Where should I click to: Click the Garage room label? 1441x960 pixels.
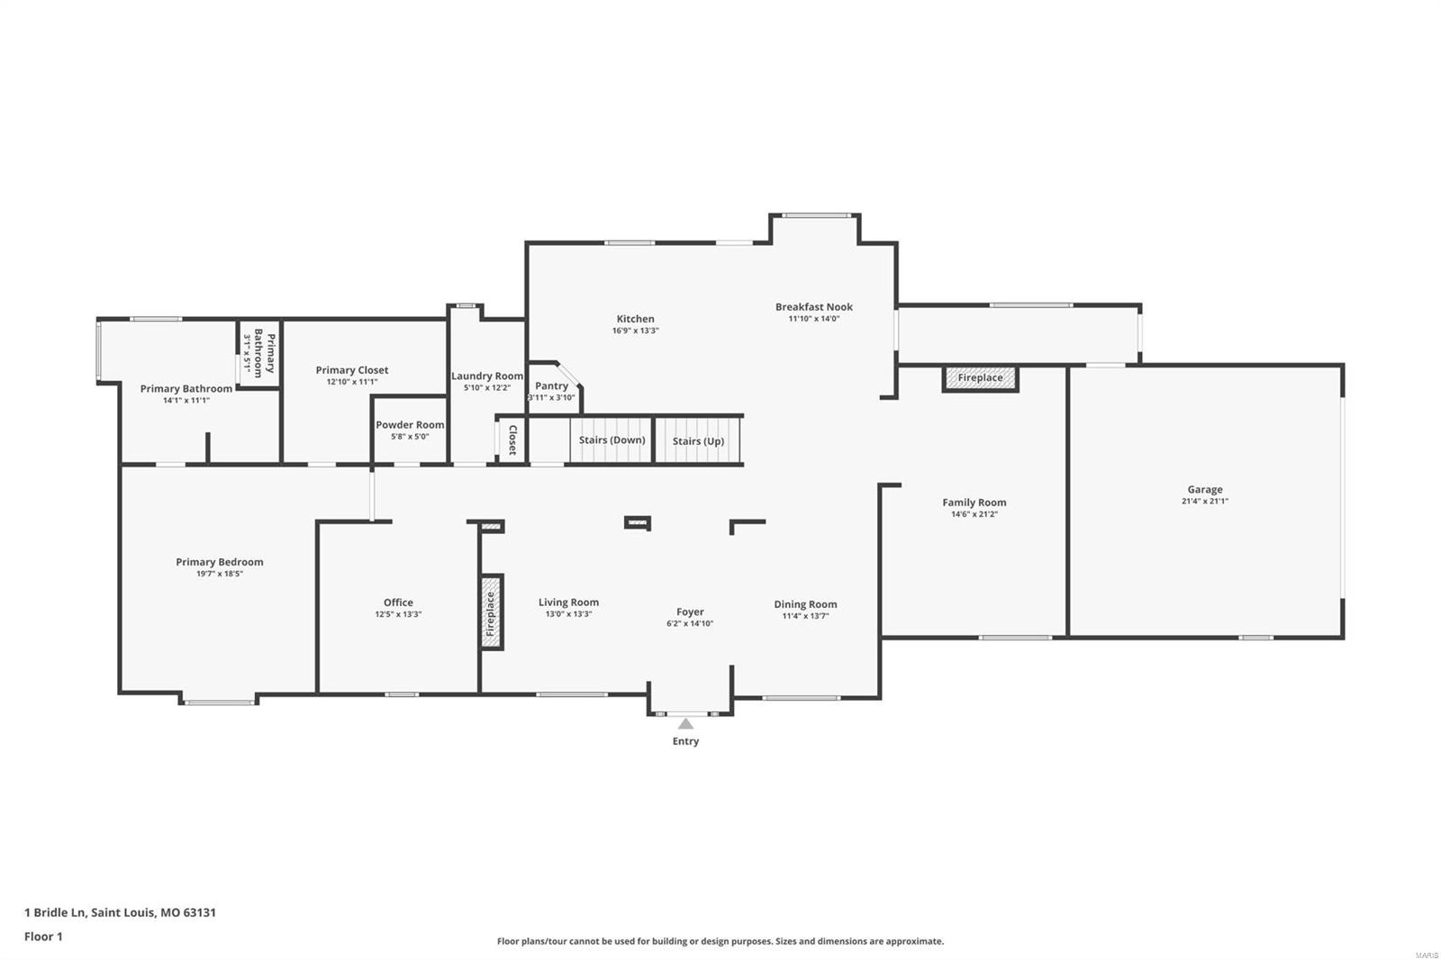1204,490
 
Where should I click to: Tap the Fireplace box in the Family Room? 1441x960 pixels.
980,378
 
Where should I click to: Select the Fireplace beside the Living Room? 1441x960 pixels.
491,612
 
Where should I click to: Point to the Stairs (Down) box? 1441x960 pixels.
612,440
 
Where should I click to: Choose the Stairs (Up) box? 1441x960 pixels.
698,441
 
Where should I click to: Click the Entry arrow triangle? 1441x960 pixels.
685,723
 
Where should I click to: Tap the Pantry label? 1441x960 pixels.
551,386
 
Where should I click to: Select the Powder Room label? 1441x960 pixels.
410,425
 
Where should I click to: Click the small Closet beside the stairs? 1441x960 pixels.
512,439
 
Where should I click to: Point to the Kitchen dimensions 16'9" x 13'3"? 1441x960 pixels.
635,331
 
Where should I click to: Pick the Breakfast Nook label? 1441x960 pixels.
813,307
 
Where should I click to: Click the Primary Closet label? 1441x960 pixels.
352,370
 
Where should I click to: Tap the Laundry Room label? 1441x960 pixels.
487,376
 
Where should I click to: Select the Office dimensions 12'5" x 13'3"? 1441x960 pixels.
398,615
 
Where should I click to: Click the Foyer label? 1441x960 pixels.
690,612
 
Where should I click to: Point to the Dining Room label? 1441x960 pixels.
805,604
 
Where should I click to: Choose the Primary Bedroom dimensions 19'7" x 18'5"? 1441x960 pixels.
220,574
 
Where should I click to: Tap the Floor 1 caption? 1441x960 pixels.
43,937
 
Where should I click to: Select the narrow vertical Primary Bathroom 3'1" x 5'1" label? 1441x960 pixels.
258,352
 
